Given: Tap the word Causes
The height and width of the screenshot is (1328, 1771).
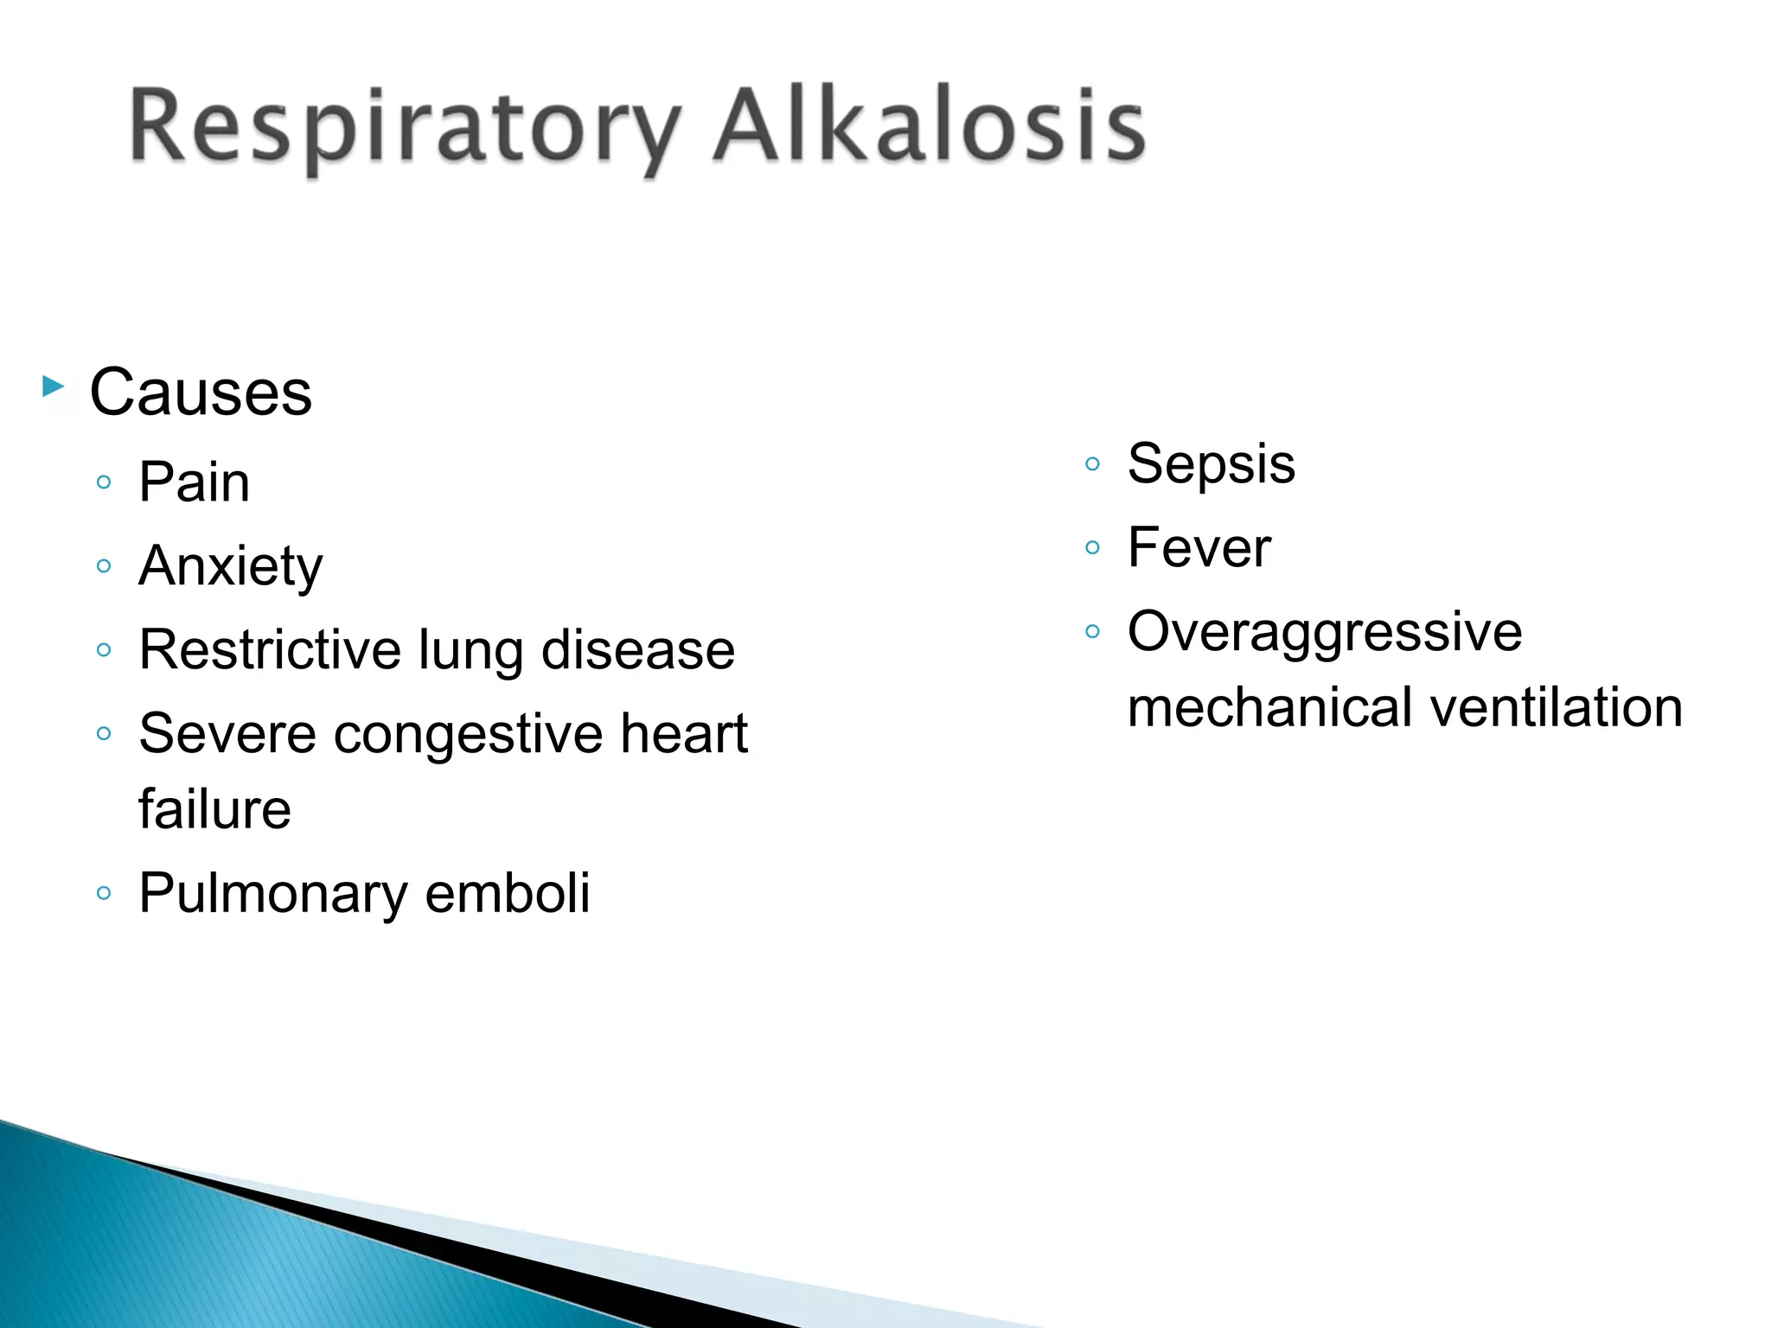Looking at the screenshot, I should pos(201,393).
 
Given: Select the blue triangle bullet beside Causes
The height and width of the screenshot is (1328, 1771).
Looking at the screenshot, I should pos(53,386).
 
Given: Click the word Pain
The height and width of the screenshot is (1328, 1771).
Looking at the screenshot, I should pos(195,482).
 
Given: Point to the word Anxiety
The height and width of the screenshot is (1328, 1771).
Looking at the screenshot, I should pos(231,567).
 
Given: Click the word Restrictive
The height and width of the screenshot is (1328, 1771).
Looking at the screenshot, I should pos(269,649).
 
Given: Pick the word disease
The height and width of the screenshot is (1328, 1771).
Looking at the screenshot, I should pos(638,649).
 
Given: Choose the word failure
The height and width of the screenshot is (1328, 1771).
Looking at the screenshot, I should pos(215,809).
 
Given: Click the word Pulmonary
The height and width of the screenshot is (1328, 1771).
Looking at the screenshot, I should pos(272,894).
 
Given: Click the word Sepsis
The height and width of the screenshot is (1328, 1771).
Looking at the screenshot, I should pos(1212,464).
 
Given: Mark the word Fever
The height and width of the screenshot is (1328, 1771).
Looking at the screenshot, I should pos(1199,547).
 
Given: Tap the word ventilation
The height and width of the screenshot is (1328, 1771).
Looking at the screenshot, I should pos(1557,707).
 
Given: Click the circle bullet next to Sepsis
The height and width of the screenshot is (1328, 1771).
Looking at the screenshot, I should pos(1092,464).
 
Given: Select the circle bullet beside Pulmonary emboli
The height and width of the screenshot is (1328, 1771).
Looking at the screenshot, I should pos(104,893).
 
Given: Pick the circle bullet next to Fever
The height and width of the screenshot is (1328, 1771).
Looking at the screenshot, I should pos(1092,547).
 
